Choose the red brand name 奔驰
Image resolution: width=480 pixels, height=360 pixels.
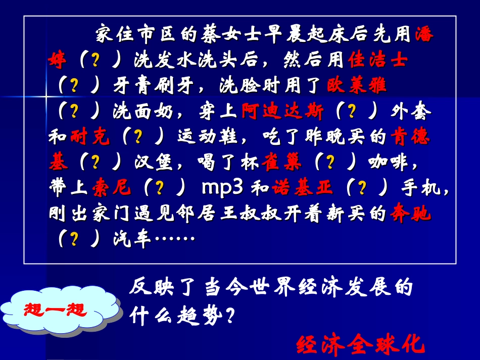410,214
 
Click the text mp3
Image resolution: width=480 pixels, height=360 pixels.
223,187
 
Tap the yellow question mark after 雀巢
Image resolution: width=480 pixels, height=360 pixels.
330,163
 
